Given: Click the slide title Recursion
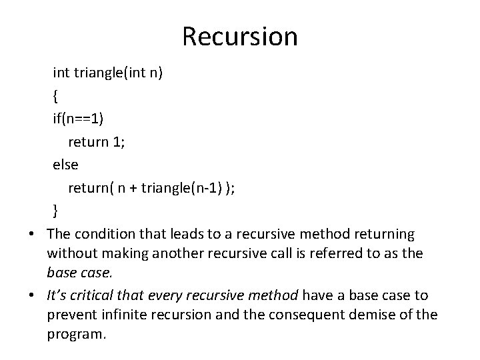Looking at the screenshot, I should click(240, 37).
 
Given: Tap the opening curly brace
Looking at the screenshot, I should click(56, 96).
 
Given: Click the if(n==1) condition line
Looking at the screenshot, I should click(78, 119).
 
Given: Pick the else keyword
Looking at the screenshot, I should click(65, 165).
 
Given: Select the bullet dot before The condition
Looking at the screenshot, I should click(31, 235).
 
